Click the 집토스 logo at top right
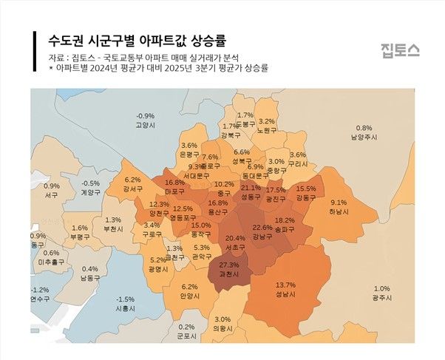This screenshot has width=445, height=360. (x=400, y=51)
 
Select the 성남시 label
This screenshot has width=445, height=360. (x=285, y=294)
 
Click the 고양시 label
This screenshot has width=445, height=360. (x=146, y=126)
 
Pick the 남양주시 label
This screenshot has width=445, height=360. (x=364, y=137)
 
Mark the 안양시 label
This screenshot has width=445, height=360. (x=190, y=296)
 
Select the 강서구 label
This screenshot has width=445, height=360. (x=132, y=189)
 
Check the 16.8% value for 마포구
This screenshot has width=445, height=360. (x=174, y=182)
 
